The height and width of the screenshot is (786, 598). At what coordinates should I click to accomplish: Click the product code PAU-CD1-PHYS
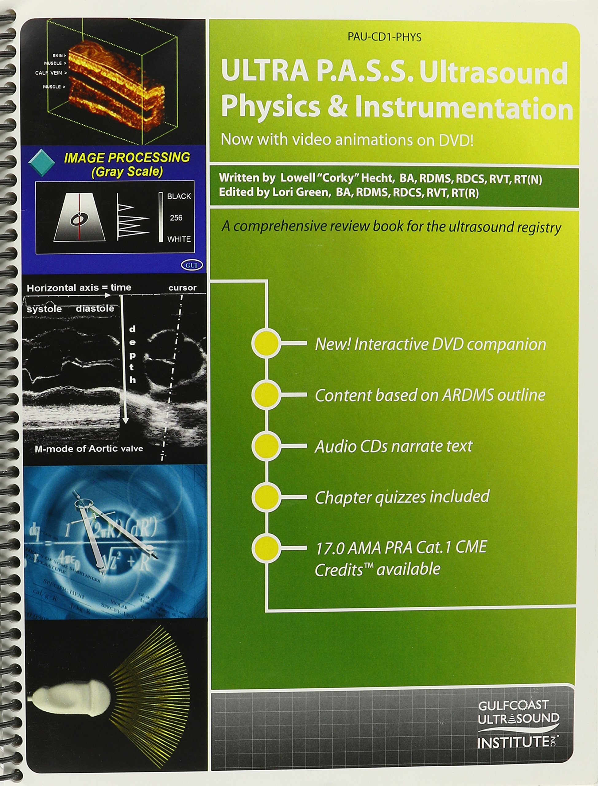pos(384,37)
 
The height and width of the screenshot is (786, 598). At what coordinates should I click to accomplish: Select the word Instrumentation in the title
pos(464,107)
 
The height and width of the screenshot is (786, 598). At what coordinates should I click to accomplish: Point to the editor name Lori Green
pos(300,192)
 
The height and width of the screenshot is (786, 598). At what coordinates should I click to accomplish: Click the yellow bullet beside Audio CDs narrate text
pos(266,446)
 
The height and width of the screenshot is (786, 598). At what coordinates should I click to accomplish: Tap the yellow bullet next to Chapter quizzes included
pos(266,497)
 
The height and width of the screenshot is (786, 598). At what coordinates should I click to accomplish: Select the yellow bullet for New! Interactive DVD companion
pos(266,343)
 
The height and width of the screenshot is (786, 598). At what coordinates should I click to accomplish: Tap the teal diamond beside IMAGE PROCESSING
pos(41,162)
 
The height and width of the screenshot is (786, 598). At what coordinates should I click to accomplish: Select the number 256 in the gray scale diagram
pos(176,217)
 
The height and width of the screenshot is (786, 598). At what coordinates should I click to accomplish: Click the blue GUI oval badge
pos(192,265)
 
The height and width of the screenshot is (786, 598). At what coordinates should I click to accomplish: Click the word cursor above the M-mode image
pos(182,288)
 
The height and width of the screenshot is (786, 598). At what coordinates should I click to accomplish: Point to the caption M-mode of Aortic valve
pos(89,449)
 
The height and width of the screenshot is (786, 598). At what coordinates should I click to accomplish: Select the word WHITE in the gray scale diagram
pos(179,239)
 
